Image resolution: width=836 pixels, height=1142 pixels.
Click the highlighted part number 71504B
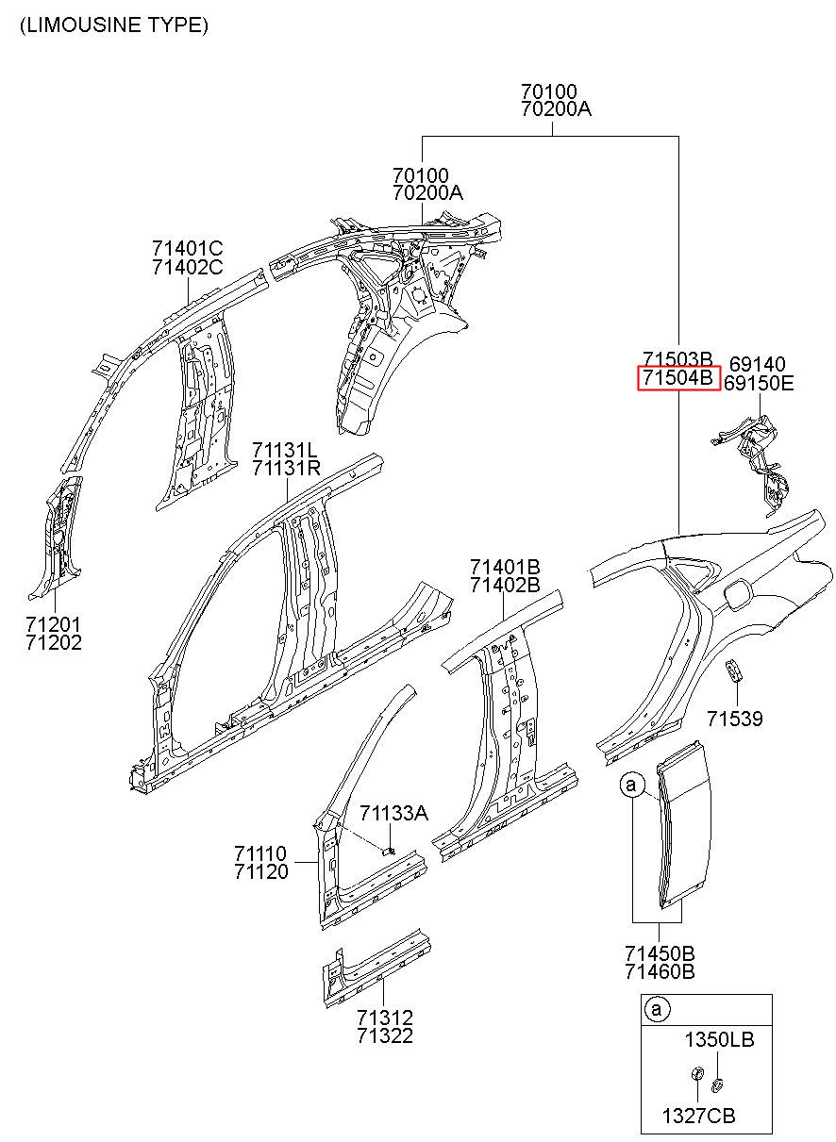[x=678, y=379]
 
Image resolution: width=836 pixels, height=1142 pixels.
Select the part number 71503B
[x=677, y=360]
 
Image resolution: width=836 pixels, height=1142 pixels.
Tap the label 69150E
[x=759, y=383]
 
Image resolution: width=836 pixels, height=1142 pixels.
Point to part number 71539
[x=735, y=720]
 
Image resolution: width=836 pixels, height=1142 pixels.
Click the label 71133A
[x=394, y=813]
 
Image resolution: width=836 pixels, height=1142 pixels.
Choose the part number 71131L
[x=286, y=449]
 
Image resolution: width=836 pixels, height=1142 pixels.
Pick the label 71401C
[x=187, y=249]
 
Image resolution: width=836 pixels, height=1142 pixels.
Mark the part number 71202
[x=54, y=643]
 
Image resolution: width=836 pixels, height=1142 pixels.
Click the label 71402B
[x=505, y=585]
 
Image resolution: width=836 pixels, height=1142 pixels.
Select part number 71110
[x=261, y=854]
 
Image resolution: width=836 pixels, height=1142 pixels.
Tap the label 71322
[x=385, y=1036]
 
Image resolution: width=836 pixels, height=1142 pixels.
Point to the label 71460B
[x=659, y=971]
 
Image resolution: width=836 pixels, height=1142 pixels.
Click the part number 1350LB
[x=719, y=1040]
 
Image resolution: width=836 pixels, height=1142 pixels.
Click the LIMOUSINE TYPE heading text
[x=113, y=25]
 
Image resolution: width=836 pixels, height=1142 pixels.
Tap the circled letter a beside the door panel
[x=631, y=784]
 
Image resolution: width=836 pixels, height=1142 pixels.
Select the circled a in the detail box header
[x=658, y=1010]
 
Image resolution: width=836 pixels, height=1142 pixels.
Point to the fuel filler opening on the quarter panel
[x=733, y=594]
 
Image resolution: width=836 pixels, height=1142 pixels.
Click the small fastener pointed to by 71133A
[x=388, y=850]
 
